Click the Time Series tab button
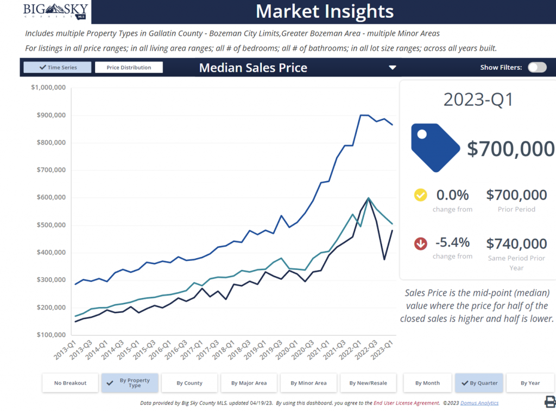pos(58,68)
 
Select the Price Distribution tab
pos(129,68)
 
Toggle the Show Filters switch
pos(537,67)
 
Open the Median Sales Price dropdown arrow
pos(393,68)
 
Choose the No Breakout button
pos(71,383)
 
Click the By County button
pos(189,383)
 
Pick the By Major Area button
pos(249,383)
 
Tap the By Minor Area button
pos(308,383)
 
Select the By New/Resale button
pos(368,383)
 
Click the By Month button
pos(427,383)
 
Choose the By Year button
pos(530,383)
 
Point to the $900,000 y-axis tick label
pos(51,115)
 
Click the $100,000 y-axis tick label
pos(51,335)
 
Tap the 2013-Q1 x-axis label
pos(64,351)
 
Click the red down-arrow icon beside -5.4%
pos(421,244)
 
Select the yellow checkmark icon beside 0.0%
pos(421,195)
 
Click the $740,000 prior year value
pos(516,244)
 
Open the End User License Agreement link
pos(407,403)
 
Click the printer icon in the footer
pos(549,402)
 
